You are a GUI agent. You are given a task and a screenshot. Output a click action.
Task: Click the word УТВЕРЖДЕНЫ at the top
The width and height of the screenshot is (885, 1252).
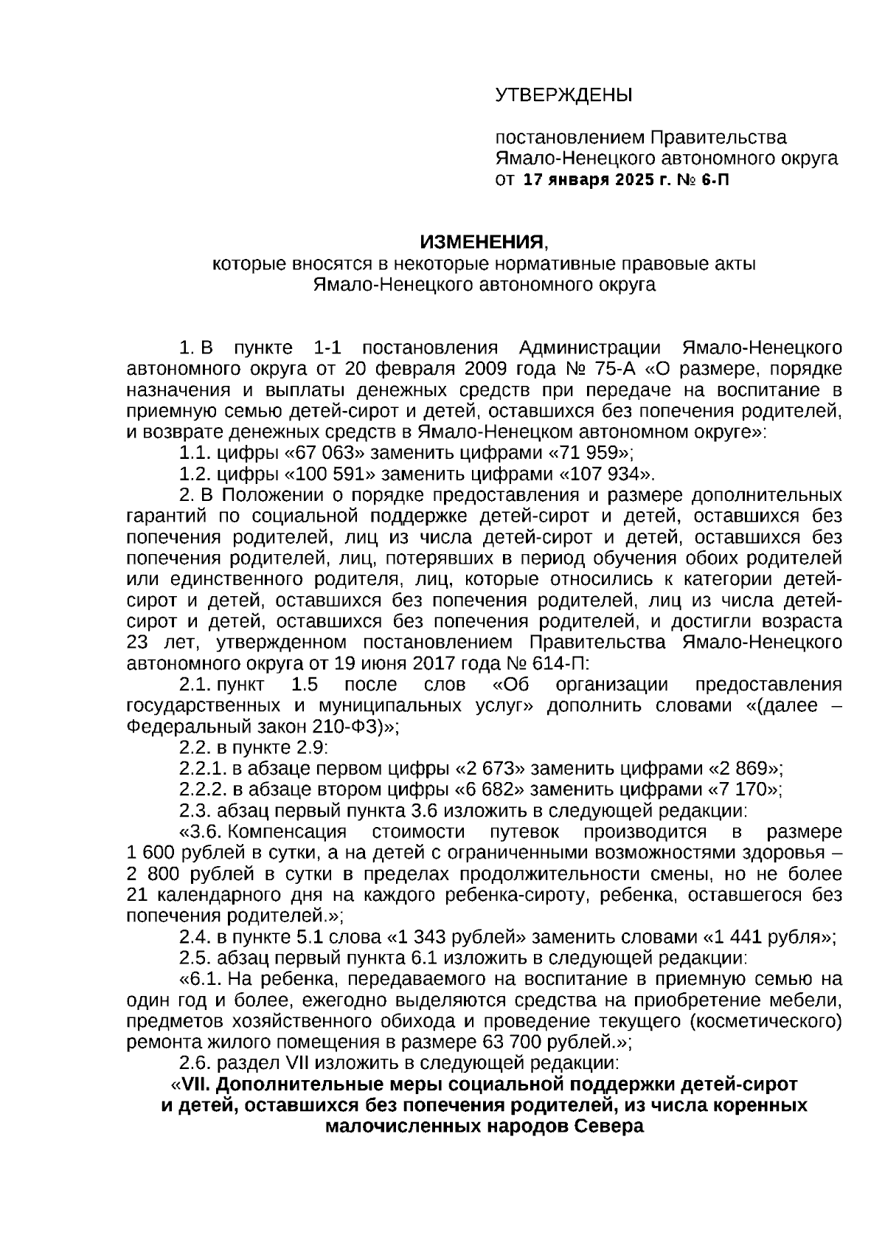click(x=563, y=95)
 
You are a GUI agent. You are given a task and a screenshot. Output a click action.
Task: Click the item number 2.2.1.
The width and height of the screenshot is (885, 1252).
click(x=201, y=768)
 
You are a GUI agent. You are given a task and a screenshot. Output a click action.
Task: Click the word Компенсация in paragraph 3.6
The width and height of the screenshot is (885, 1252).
click(x=288, y=831)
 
